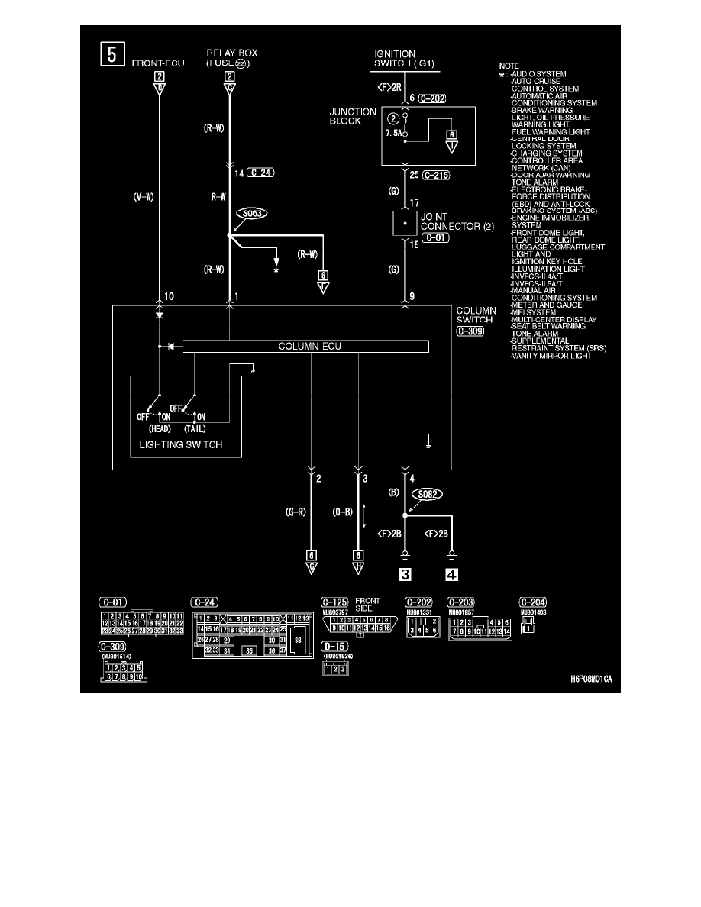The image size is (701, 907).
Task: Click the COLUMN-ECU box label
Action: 305,347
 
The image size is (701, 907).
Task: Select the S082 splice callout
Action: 429,495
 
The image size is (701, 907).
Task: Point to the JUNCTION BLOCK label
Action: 352,116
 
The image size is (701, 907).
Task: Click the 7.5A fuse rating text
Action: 393,131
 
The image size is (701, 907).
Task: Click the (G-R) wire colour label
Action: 293,512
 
